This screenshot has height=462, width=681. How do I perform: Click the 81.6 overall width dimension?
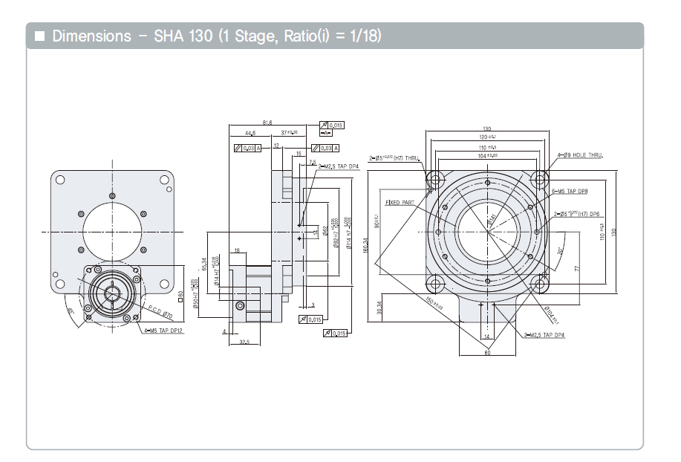pos(267,123)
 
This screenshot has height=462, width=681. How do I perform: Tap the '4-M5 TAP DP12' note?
pos(164,331)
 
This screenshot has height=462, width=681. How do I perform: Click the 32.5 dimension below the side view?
pos(244,342)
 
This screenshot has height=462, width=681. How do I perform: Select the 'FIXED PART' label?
pos(398,202)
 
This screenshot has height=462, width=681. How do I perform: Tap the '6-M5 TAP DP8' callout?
pos(571,191)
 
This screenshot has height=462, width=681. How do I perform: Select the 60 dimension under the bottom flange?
pos(487,353)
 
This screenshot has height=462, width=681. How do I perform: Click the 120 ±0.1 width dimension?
pos(486,137)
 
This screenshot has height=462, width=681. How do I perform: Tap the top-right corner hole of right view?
pos(540,178)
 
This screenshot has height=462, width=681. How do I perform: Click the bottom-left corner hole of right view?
pos(434,283)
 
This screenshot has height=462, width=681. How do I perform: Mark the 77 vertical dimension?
pos(576,268)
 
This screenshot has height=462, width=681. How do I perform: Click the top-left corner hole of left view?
pos(60,179)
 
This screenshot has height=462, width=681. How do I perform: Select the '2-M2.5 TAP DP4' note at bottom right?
pos(544,335)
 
